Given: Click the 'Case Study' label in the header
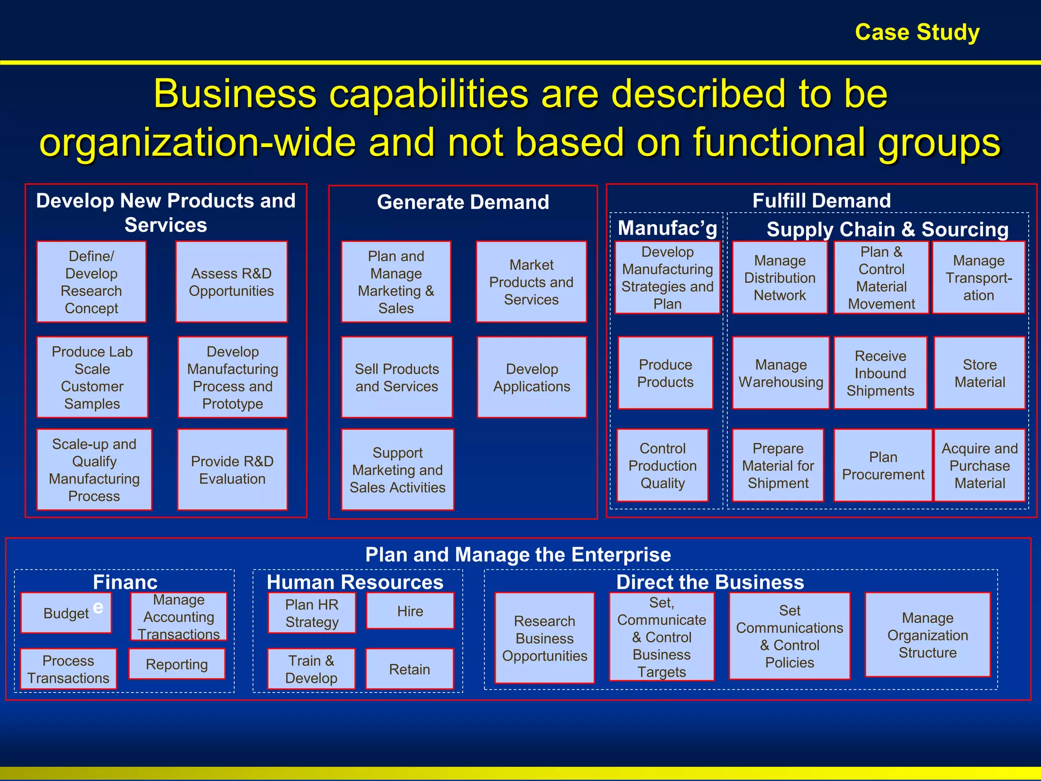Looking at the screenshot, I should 917,32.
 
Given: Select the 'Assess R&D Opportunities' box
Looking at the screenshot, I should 231,282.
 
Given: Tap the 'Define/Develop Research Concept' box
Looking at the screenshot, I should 91,282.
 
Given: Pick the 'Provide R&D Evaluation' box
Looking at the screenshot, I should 232,470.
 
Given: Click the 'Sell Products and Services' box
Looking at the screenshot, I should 396,377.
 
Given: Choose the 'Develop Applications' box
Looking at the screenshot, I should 532,377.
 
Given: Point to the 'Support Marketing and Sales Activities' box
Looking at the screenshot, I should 397,470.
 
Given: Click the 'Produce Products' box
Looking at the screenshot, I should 665,373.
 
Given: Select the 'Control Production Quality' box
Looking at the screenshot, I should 662,465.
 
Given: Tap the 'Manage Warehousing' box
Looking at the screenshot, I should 781,373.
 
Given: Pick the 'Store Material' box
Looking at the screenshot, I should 979,373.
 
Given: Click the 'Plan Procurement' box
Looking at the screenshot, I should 883,465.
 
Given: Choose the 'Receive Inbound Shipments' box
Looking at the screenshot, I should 880,373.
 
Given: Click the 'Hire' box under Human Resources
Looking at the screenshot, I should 410,611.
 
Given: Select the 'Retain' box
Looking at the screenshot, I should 409,669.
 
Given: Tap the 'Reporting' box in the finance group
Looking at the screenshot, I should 177,664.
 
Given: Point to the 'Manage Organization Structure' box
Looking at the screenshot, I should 928,635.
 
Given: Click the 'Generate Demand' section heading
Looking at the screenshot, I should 463,202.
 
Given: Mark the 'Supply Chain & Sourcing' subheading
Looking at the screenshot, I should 887,229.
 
